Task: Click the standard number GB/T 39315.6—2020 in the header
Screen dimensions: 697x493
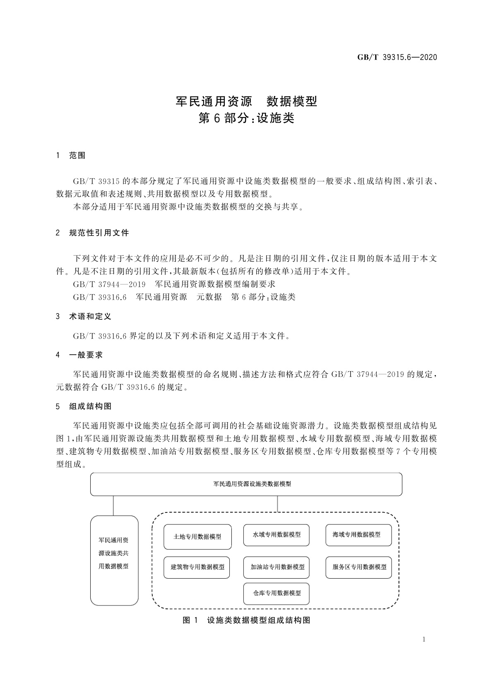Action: pos(397,58)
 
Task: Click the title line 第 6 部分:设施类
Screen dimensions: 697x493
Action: pos(246,118)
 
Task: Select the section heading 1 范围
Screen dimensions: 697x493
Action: pos(71,156)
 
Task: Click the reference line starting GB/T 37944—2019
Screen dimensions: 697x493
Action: pos(174,284)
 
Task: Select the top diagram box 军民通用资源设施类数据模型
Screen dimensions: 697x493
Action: pos(246,484)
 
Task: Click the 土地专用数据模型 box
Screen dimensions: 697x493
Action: pos(197,537)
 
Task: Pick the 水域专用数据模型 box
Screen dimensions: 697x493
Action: pos(277,535)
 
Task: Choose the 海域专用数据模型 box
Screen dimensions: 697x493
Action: pos(358,534)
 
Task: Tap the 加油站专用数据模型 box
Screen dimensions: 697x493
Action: pos(277,567)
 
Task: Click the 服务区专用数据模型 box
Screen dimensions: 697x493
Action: pos(358,567)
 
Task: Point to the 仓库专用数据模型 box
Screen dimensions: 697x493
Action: pos(277,593)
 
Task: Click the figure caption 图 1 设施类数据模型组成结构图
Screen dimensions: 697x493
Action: pos(246,620)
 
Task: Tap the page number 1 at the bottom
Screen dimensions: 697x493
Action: pos(424,639)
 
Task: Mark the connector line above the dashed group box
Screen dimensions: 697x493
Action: pos(277,504)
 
